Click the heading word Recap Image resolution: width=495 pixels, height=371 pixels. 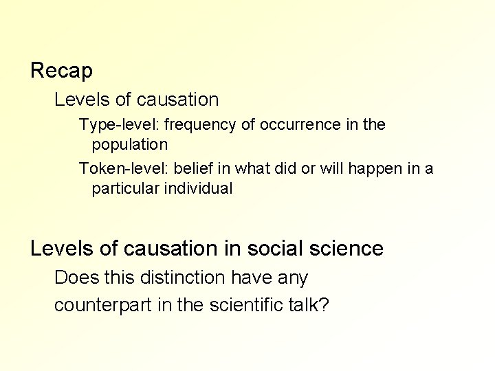click(x=62, y=70)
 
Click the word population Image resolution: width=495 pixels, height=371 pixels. click(x=130, y=145)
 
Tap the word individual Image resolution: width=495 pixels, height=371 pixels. click(x=199, y=188)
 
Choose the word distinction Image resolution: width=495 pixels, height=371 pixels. click(x=179, y=278)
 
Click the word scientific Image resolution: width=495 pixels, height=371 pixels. click(x=241, y=304)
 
